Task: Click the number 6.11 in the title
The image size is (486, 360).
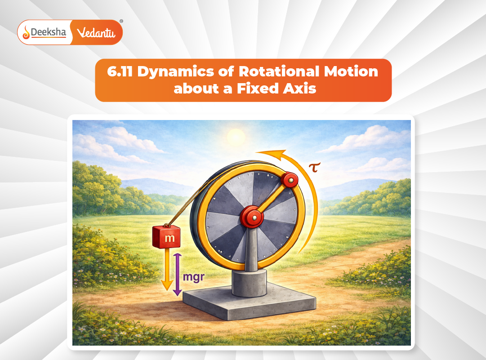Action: coord(120,72)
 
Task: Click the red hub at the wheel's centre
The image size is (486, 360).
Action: coord(252,218)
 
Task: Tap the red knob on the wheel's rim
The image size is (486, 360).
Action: coord(290,180)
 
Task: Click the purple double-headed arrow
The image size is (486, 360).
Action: coord(177,274)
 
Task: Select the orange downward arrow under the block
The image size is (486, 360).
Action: coord(167,270)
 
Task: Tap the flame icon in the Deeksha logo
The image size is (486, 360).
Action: coord(26,32)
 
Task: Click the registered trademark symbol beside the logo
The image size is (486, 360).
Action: coord(121,21)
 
